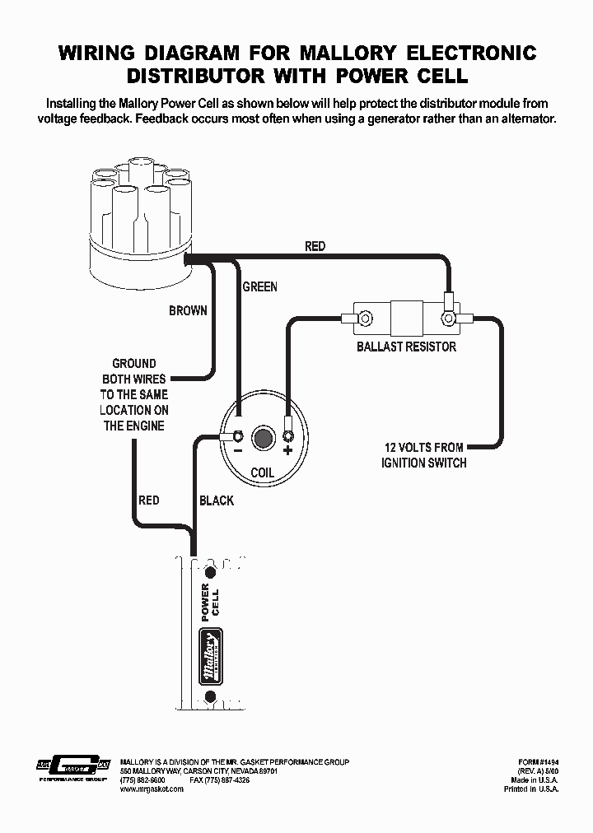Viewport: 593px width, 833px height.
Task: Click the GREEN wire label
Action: tap(259, 287)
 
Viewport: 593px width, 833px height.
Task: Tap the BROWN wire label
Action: tap(188, 311)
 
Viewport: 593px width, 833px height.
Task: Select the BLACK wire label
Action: tap(217, 500)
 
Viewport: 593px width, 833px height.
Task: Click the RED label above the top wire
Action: tap(315, 246)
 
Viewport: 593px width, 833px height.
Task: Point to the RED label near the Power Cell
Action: tap(149, 500)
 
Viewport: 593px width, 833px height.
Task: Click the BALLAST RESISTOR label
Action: tap(406, 347)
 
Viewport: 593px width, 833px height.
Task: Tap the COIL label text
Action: tap(262, 473)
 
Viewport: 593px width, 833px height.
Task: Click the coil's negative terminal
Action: tap(236, 435)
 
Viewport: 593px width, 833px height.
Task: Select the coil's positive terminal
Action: tap(288, 435)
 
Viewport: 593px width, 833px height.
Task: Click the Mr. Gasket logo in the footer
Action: tap(73, 766)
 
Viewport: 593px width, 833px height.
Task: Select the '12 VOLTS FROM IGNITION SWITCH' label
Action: tap(423, 454)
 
